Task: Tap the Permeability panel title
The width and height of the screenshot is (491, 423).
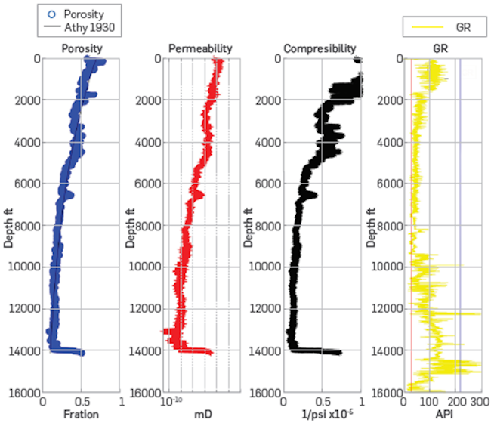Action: coord(200,49)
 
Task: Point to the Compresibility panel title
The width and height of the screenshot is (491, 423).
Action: coord(320,49)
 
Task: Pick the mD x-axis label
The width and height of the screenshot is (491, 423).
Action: coord(199,415)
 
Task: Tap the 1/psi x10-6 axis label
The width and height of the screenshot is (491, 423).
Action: coord(321,415)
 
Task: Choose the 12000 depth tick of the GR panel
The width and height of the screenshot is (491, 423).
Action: coord(386,308)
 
